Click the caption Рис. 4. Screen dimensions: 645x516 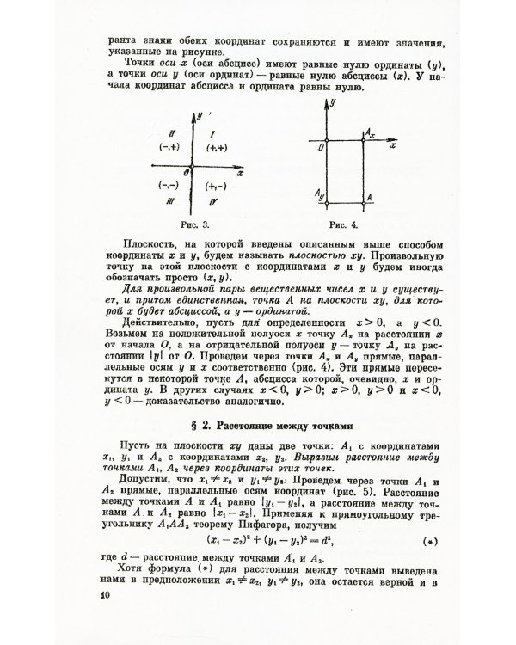[x=345, y=224]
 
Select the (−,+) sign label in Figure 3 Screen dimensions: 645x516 [x=169, y=149]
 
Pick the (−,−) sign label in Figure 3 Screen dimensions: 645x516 [x=169, y=185]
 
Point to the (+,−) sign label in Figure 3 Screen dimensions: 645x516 [x=216, y=185]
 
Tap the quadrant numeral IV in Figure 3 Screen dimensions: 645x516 [x=211, y=200]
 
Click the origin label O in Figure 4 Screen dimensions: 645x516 [x=317, y=147]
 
